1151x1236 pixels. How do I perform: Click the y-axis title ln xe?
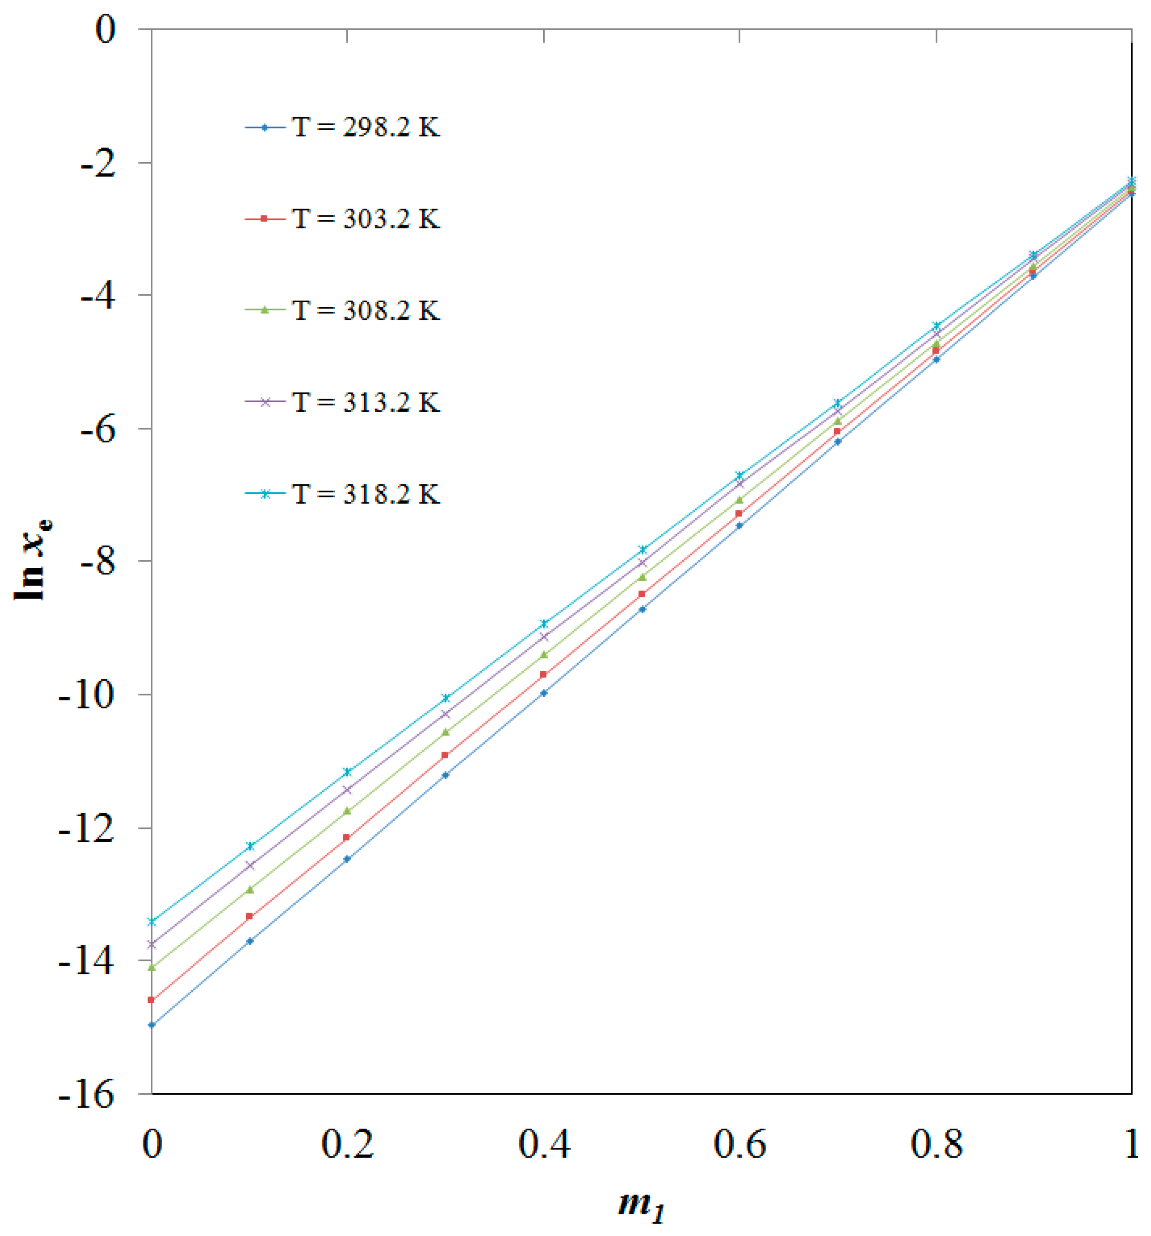point(32,559)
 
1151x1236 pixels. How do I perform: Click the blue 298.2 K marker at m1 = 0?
point(151,1025)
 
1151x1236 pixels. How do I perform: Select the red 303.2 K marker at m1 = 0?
point(151,1000)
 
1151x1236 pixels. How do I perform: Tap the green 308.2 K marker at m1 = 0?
point(151,967)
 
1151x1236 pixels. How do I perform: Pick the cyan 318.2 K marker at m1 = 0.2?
point(347,772)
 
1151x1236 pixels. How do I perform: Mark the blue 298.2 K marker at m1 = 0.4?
point(544,692)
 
